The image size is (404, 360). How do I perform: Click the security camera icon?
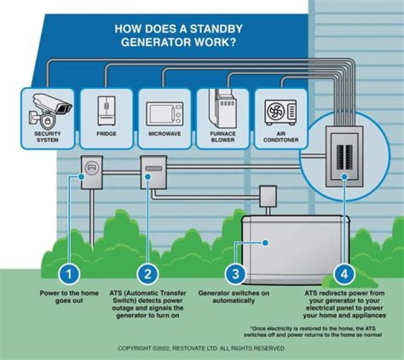click(49, 110)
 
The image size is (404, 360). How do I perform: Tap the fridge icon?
click(106, 110)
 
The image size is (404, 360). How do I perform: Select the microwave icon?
click(164, 113)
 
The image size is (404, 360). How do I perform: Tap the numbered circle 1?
click(69, 274)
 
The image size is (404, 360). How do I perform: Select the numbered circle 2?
click(148, 274)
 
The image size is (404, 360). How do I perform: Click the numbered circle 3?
click(235, 274)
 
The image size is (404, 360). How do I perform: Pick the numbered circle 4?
click(343, 274)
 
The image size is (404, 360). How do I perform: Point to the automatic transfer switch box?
click(153, 171)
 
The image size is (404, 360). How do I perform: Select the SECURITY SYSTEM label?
click(47, 137)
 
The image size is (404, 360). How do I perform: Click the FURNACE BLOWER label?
click(223, 137)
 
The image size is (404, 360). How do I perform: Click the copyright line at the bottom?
click(202, 349)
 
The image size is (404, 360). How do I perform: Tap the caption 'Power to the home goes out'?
click(69, 297)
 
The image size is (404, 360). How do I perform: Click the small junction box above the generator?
click(267, 197)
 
